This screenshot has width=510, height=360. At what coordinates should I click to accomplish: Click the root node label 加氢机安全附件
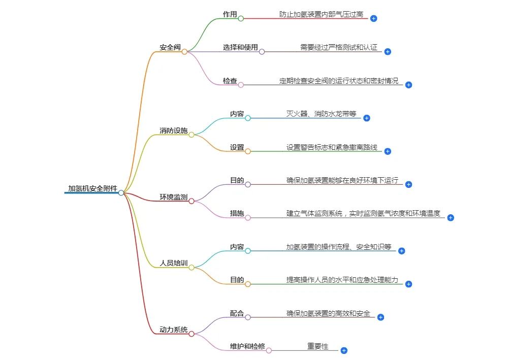[92, 188]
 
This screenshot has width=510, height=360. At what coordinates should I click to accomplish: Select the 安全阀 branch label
[170, 47]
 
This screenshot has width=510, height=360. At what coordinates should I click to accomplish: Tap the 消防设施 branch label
[173, 130]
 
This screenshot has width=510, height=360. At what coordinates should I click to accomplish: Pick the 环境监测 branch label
[173, 197]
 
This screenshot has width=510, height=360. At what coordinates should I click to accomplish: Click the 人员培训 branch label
[173, 263]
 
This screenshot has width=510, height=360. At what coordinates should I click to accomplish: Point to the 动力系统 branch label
[173, 330]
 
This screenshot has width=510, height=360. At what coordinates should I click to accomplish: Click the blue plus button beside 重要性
[344, 350]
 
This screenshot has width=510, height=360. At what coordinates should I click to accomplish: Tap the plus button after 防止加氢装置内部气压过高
[373, 19]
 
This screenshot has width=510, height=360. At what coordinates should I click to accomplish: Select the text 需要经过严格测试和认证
[339, 47]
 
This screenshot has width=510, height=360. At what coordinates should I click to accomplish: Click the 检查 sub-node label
[230, 81]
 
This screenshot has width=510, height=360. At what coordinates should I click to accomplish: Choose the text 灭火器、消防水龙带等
[321, 114]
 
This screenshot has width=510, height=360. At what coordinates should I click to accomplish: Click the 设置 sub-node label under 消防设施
[237, 147]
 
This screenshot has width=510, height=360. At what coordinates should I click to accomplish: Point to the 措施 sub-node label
[237, 213]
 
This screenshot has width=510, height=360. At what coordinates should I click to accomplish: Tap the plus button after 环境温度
[451, 217]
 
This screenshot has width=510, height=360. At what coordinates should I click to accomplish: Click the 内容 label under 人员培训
[237, 247]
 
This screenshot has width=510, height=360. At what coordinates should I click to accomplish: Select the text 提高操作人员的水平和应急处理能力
[342, 280]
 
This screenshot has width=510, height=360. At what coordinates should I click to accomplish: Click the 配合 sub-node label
[237, 313]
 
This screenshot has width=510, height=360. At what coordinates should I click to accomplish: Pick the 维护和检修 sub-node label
[247, 346]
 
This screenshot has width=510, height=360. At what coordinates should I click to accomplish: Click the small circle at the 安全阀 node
[184, 52]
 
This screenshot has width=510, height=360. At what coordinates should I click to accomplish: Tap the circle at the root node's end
[121, 193]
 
